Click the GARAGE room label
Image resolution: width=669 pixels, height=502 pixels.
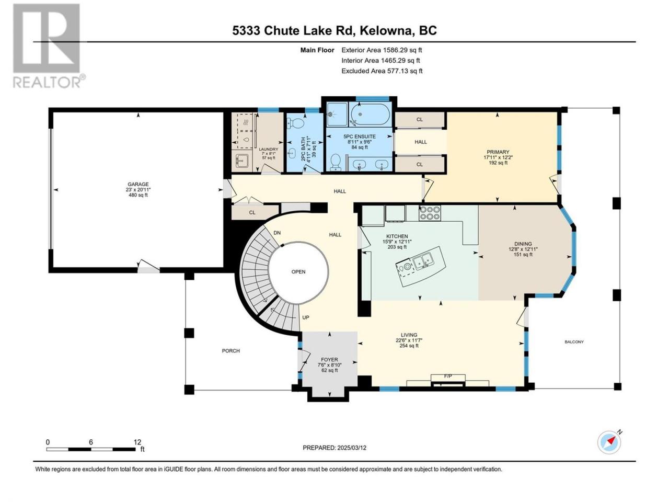138,185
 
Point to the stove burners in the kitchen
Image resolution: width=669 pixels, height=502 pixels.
430,213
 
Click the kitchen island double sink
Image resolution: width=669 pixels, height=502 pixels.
423,262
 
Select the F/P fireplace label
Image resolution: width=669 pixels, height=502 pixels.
448,376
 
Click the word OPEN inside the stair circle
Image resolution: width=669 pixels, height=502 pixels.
298,272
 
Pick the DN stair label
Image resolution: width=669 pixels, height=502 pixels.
276,233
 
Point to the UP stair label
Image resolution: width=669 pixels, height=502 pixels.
306,317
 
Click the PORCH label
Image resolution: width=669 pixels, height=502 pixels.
230,351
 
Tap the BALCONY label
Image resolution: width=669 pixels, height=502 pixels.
574,342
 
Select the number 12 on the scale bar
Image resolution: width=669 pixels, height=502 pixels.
137,442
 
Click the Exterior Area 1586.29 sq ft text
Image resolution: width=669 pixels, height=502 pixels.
382,50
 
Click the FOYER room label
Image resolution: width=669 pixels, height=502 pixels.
329,360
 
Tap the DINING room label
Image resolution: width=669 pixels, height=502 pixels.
523,244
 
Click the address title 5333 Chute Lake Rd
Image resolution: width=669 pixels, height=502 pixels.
294,30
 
